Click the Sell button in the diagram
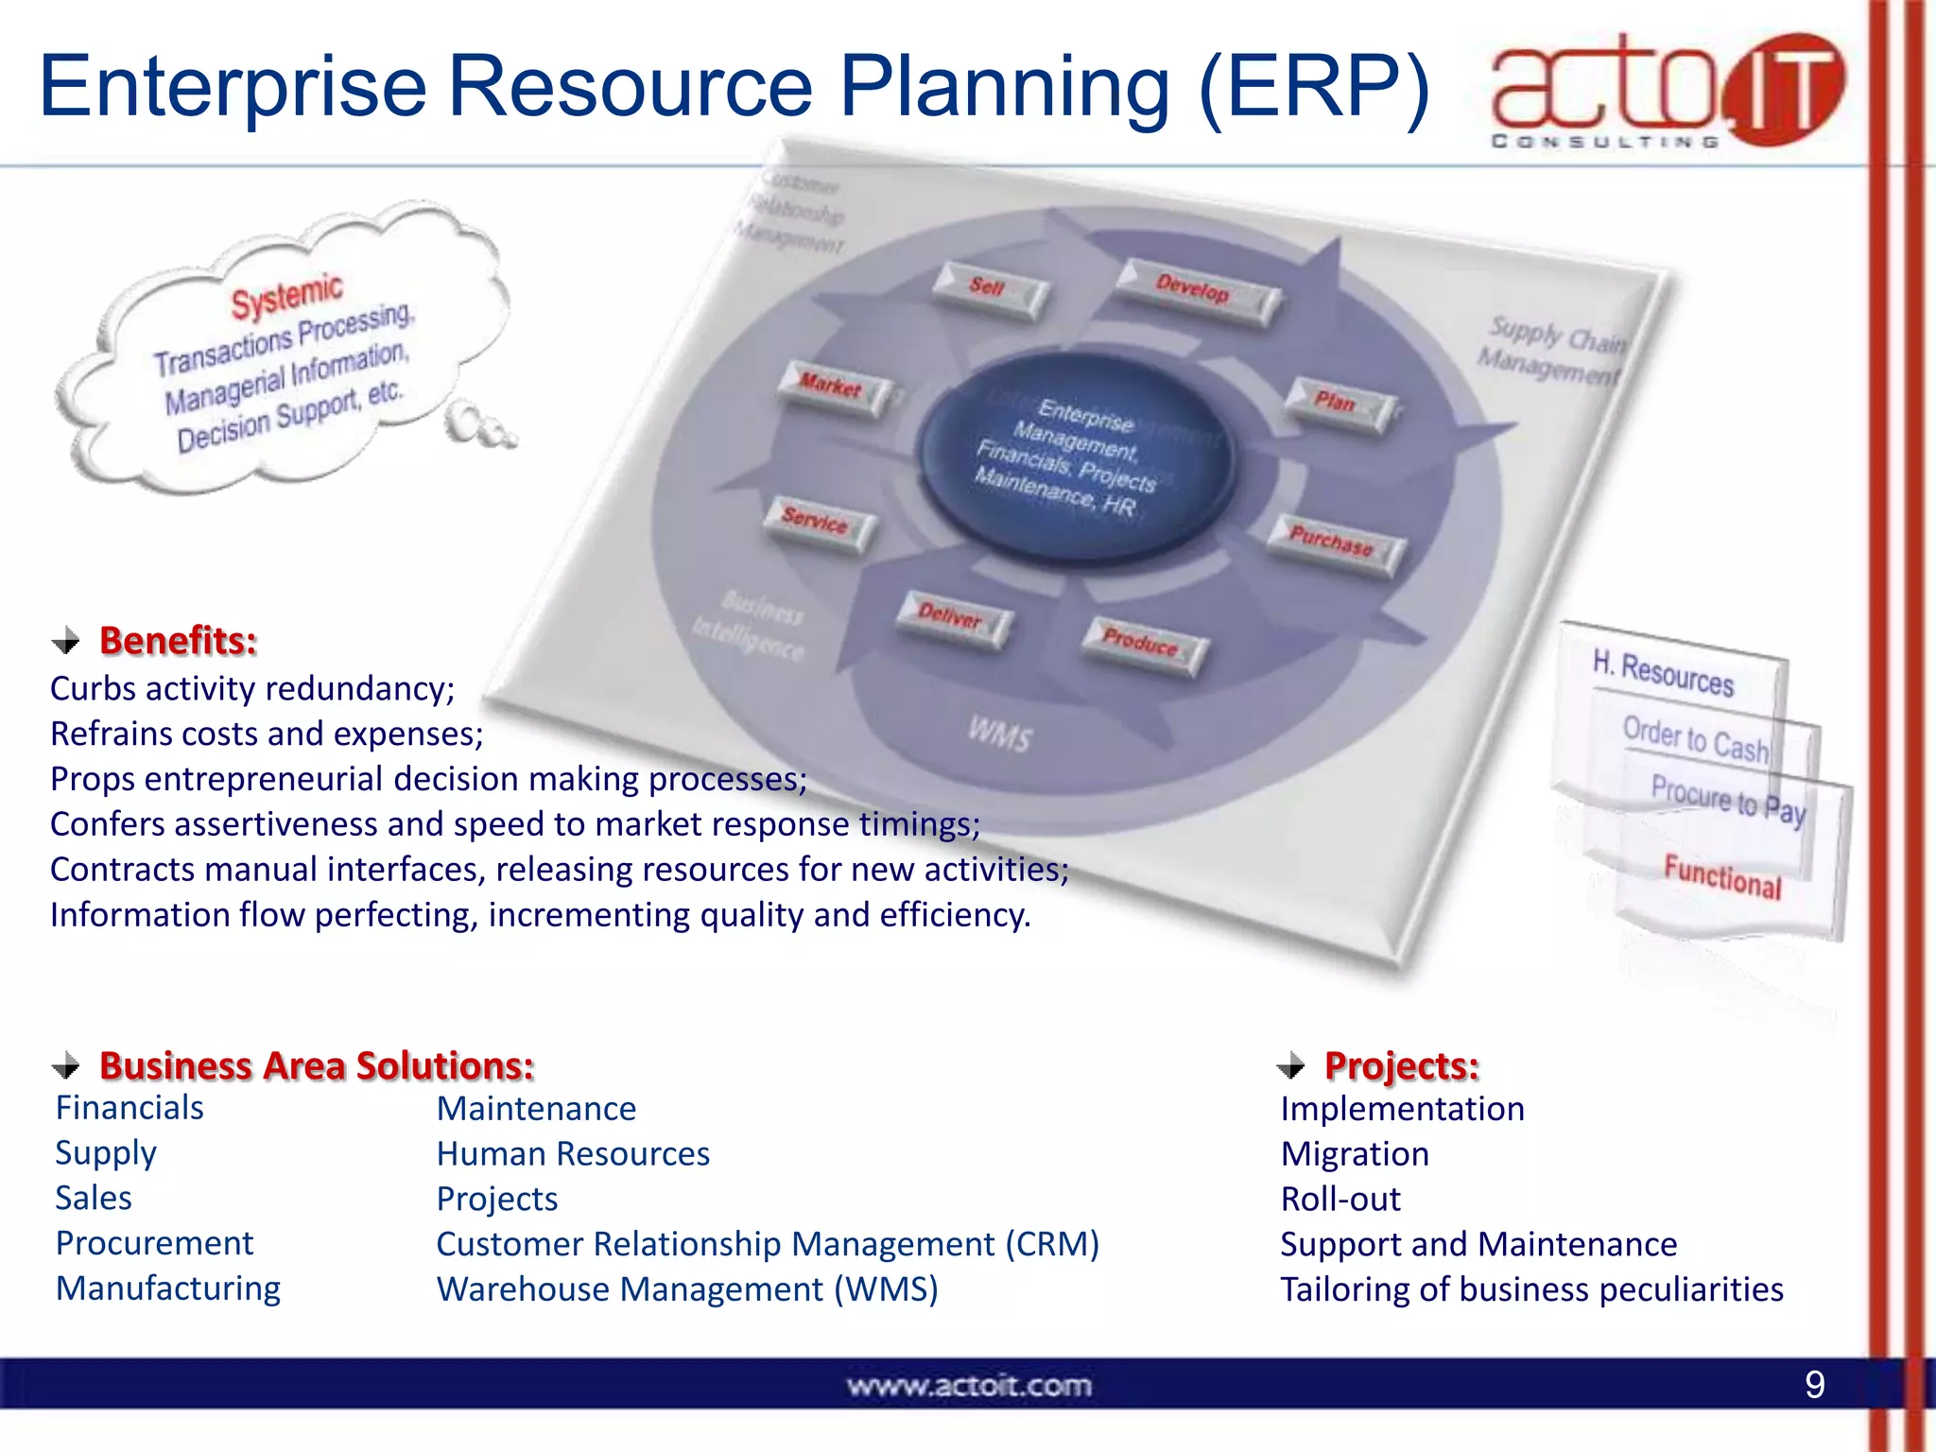(989, 289)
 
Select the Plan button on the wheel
(1337, 405)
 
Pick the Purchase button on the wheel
(1333, 544)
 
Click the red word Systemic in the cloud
(286, 297)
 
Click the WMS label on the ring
(1000, 734)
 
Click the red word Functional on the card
(1722, 876)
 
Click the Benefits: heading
(178, 641)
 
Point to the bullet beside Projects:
(1290, 1066)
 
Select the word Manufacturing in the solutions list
(168, 1288)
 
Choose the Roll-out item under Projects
(1340, 1199)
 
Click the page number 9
(1814, 1385)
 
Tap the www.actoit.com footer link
(969, 1386)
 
